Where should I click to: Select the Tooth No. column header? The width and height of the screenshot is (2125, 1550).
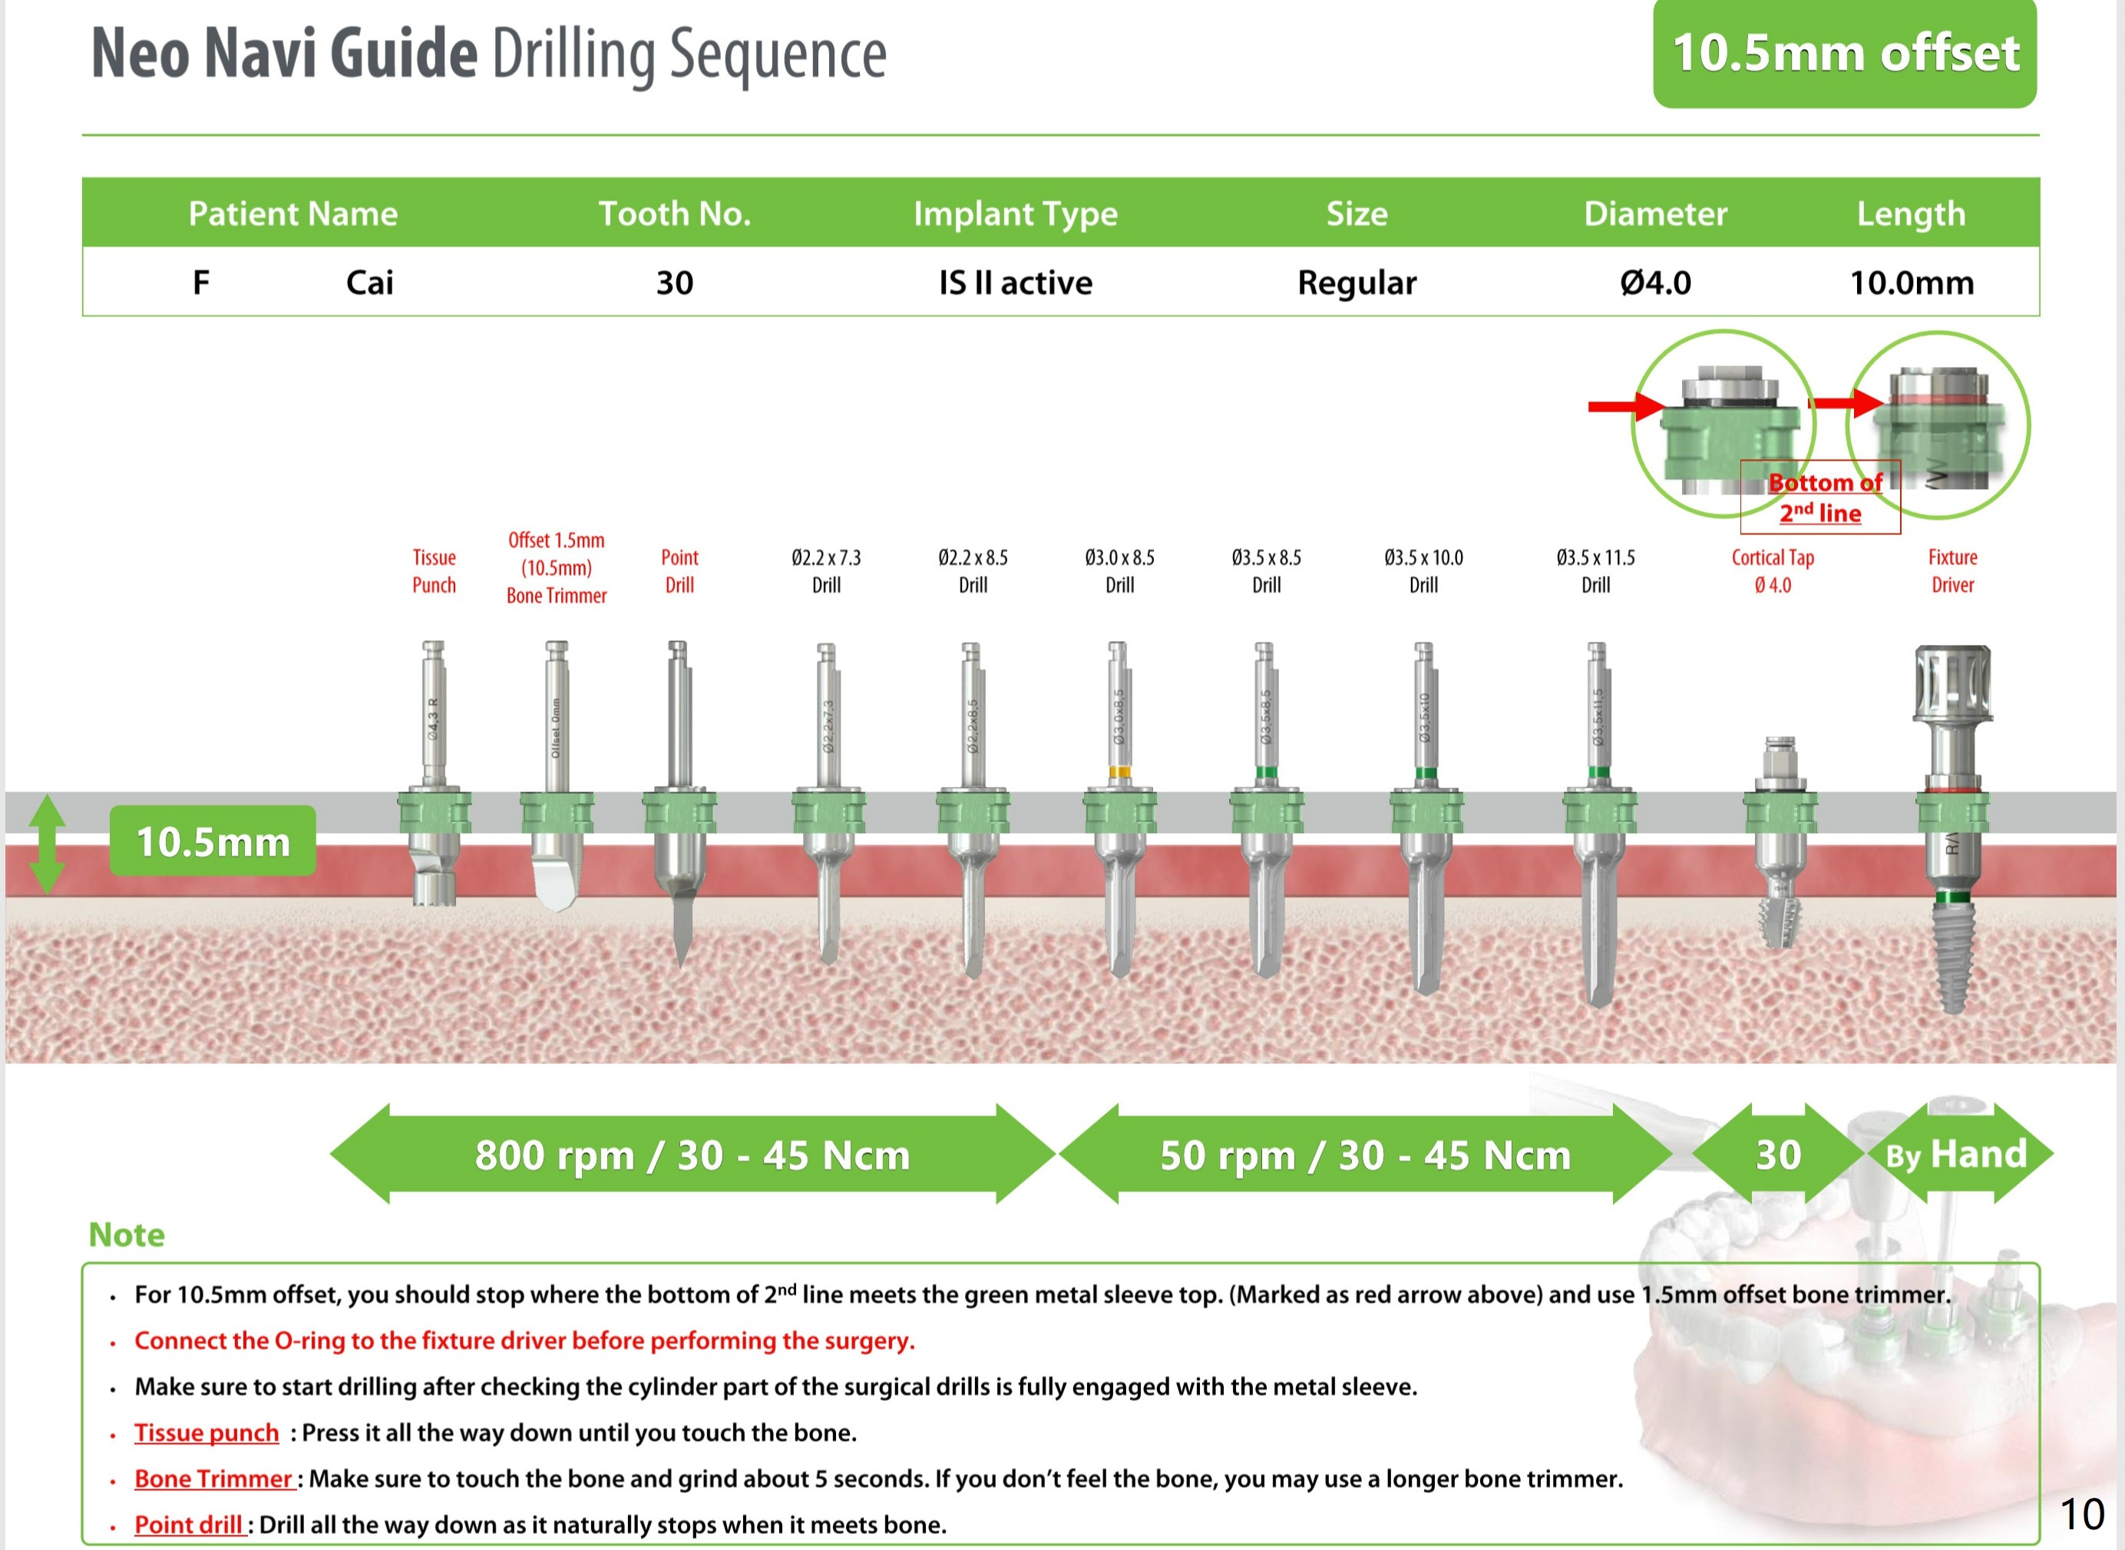coord(675,214)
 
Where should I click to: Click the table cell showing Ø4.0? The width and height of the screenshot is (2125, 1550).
coord(1655,283)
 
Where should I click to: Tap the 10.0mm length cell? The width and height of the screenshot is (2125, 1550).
coord(1911,283)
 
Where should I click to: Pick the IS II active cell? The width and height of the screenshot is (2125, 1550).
coord(1015,283)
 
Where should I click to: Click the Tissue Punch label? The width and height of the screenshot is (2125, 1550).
coord(434,570)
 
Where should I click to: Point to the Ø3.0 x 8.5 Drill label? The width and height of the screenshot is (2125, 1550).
coord(1119,570)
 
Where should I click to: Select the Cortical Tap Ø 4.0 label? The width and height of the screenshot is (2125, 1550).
coord(1772,570)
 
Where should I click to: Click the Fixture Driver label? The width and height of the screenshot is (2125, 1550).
coord(1952,570)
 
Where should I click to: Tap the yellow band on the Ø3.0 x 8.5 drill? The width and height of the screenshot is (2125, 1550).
coord(1119,773)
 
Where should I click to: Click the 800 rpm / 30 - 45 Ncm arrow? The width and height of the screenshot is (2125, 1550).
coord(692,1154)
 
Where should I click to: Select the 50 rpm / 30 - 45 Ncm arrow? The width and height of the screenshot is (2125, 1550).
coord(1365,1154)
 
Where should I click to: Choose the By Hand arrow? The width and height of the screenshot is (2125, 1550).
coord(1956,1154)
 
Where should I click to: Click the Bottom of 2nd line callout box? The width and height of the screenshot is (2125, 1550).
coord(1820,497)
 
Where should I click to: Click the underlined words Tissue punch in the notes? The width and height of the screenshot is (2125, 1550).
coord(207,1433)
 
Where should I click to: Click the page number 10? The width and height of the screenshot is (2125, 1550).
coord(2082,1513)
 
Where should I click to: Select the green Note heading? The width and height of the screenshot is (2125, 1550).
coord(127,1234)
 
